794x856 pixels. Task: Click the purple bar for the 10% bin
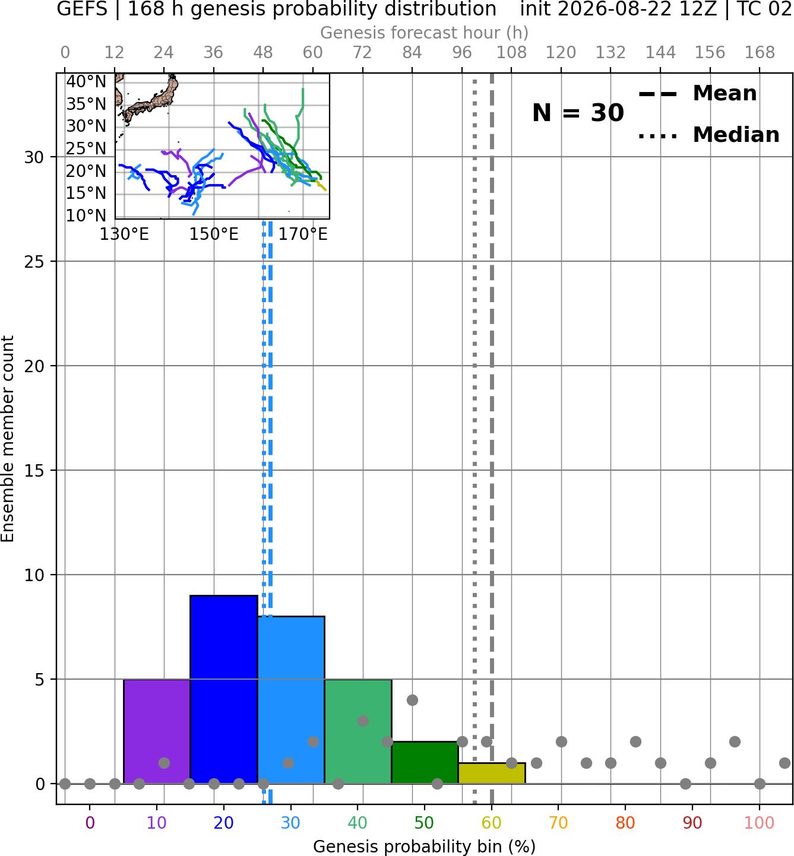pos(157,731)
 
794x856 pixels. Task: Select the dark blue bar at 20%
pos(224,690)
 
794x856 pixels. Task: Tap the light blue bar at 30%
pos(291,700)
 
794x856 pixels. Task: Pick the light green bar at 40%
pos(358,731)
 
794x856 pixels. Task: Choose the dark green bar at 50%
pos(425,762)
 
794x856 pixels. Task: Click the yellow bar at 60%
pos(492,773)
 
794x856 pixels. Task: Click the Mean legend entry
pos(697,93)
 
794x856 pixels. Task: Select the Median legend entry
pos(708,135)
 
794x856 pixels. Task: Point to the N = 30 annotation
pos(578,113)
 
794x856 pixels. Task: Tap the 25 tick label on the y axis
pos(34,262)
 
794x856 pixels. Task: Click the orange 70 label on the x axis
pos(558,823)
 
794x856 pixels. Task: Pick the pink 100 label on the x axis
pos(760,823)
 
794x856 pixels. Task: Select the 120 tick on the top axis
pos(561,53)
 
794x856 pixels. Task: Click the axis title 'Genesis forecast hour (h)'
pos(425,33)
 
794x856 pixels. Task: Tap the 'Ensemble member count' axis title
pos(8,439)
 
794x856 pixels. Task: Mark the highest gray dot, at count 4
pos(412,700)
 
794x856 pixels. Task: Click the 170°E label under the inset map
pos(303,234)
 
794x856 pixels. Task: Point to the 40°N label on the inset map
pos(86,81)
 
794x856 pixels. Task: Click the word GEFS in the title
pos(82,9)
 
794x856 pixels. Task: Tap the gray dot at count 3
pos(363,721)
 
